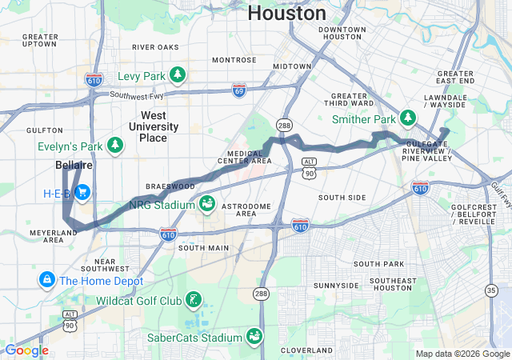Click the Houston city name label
[x=286, y=13]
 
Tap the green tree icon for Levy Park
[x=178, y=76]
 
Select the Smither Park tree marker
[x=409, y=119]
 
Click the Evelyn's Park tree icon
[x=116, y=145]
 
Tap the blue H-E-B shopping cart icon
[x=82, y=193]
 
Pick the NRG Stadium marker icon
[x=207, y=204]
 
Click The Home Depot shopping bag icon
[x=46, y=281]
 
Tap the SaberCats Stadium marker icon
[x=254, y=336]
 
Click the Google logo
[x=26, y=350]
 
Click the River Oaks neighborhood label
[x=155, y=47]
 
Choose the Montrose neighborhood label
[x=234, y=60]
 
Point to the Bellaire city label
[x=74, y=165]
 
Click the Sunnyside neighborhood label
[x=337, y=286]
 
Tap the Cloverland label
[x=306, y=350]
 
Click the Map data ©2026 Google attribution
[x=462, y=354]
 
